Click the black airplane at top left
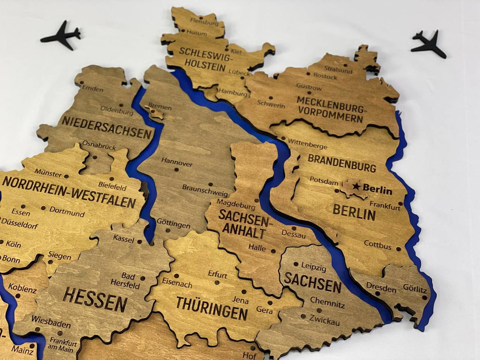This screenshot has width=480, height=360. pos(61,35)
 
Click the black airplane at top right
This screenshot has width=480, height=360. pos(428,44)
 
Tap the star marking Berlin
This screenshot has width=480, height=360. pos(356,187)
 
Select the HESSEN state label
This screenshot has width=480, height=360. pos(95,299)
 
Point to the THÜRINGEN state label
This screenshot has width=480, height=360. pos(212,308)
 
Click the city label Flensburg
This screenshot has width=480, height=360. pos(204,22)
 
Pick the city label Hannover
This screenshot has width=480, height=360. pos(177,164)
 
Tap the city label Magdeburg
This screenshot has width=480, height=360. pos(236,205)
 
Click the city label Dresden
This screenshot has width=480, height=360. pos(381,287)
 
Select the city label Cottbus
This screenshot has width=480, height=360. pos(378,245)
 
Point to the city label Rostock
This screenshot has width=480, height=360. pos(325,76)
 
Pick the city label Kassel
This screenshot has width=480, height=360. pos(124,239)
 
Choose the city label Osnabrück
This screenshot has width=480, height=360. pos(99,146)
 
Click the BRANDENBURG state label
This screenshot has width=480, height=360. pos(342,162)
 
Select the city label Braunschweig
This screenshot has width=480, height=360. pos(205,193)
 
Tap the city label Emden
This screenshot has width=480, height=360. pos(93,88)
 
